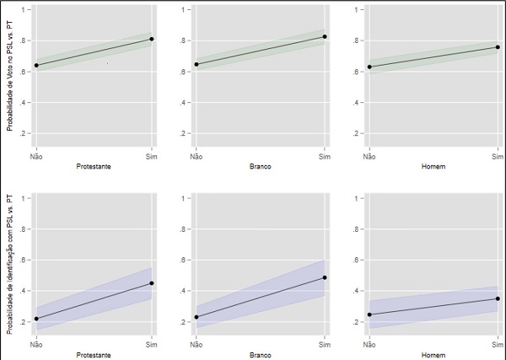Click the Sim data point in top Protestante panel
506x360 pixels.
point(152,39)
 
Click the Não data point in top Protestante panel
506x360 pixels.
point(36,65)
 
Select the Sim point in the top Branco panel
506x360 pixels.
point(325,37)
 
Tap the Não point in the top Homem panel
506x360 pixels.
point(369,67)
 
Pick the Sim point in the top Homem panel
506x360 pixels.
point(498,47)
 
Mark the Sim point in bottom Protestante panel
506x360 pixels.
point(152,283)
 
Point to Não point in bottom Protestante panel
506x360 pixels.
point(36,319)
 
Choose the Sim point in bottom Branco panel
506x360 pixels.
point(325,277)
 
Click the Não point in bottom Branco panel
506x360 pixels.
point(196,317)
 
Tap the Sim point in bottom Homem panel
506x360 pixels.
point(498,298)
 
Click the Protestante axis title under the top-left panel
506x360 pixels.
point(94,165)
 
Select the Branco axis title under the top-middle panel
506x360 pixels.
point(260,165)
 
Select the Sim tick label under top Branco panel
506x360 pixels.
point(325,156)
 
